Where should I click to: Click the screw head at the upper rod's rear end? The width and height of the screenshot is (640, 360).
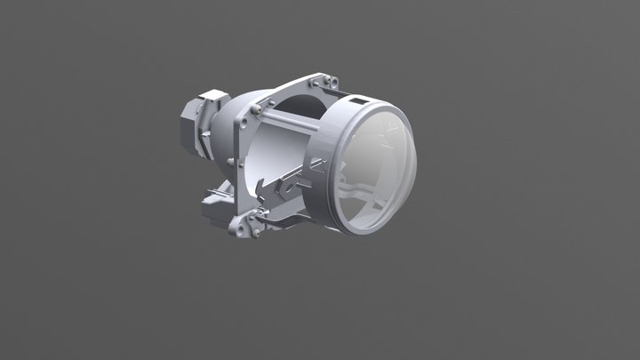[258, 108]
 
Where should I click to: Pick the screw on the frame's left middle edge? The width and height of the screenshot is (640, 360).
[232, 161]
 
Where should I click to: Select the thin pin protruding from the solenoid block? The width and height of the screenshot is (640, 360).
[213, 190]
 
